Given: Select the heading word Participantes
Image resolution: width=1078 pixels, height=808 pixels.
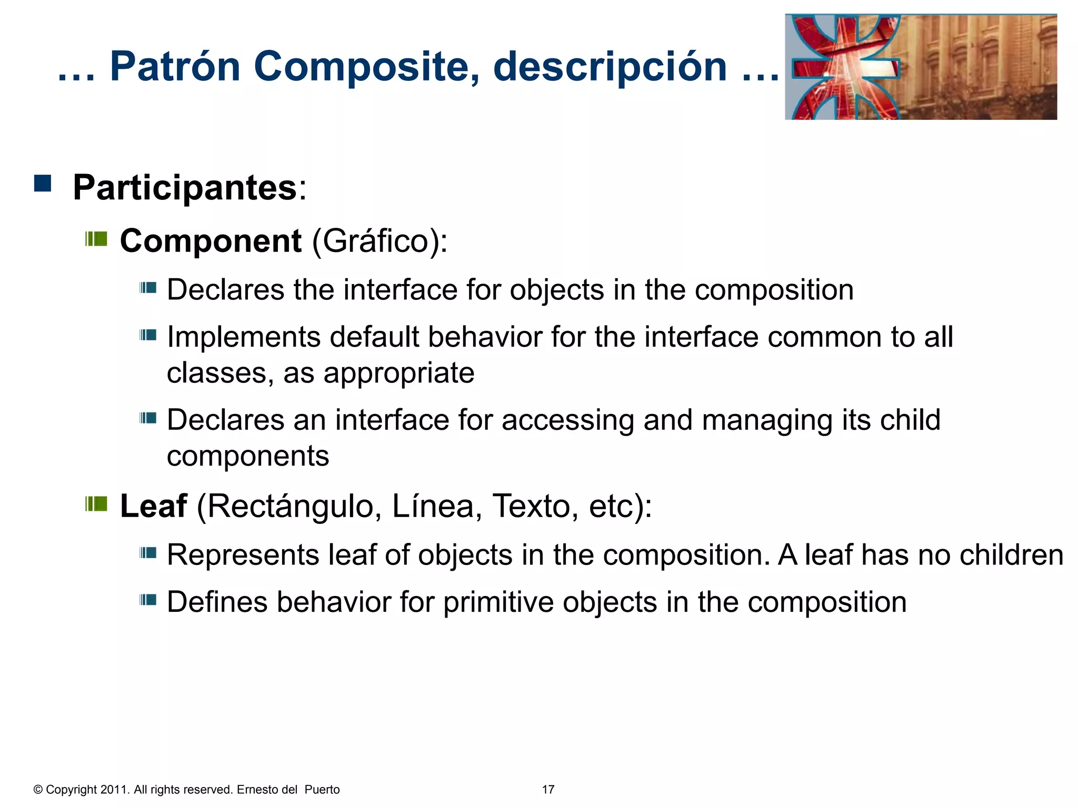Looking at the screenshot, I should pos(185,187).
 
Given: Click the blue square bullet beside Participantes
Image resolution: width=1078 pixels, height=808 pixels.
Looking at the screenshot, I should pos(43,184).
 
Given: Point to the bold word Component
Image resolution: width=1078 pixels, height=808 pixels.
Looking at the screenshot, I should pos(211,241).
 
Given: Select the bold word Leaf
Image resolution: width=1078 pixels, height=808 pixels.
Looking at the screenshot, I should pos(153,506).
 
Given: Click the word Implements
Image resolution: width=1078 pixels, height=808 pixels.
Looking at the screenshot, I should pos(243,337).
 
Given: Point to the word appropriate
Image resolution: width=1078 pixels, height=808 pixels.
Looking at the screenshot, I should pos(398,373).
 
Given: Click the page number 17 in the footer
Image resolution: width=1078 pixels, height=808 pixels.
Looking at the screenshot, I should pos(548,790).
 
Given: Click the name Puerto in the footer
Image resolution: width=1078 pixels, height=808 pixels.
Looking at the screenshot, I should pos(322,790).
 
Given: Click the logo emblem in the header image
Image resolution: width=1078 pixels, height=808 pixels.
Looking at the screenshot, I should pos(845,67).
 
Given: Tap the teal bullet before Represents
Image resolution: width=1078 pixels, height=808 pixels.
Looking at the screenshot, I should pos(148,553).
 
